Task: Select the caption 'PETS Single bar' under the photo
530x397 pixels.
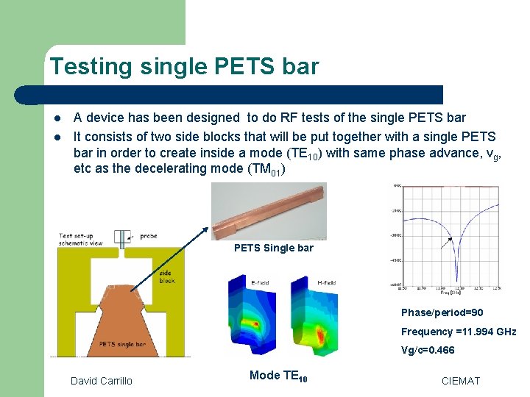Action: pyautogui.click(x=273, y=248)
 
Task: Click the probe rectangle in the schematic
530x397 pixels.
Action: pyautogui.click(x=120, y=238)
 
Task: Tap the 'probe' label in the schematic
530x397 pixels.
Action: pyautogui.click(x=149, y=237)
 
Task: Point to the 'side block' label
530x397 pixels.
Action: pyautogui.click(x=167, y=276)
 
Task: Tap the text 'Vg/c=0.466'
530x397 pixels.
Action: pyautogui.click(x=428, y=350)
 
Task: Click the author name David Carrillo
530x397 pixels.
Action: pyautogui.click(x=102, y=380)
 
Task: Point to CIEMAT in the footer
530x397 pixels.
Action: pyautogui.click(x=460, y=380)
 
